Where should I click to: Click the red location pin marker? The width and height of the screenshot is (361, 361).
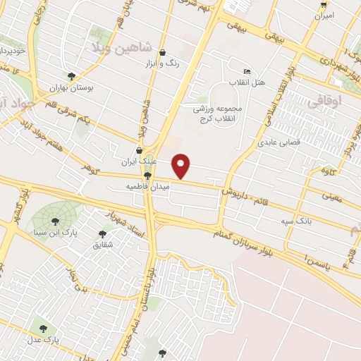pyautogui.click(x=181, y=166)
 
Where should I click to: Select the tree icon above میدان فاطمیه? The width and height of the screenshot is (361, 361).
pyautogui.click(x=147, y=176)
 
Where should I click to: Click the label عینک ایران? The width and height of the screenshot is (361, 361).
pyautogui.click(x=137, y=162)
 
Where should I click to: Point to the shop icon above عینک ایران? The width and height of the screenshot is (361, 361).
pyautogui.click(x=139, y=150)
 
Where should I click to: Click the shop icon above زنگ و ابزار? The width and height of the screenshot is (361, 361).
pyautogui.click(x=163, y=52)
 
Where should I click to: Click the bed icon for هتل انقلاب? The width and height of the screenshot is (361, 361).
pyautogui.click(x=246, y=71)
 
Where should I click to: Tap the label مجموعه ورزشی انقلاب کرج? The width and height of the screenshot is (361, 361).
pyautogui.click(x=221, y=114)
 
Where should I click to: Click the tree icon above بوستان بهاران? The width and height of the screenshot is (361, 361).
pyautogui.click(x=71, y=76)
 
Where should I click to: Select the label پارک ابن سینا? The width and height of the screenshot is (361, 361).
pyautogui.click(x=56, y=232)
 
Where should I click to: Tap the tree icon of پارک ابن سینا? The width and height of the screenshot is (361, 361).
pyautogui.click(x=55, y=221)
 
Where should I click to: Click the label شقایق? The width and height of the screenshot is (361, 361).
pyautogui.click(x=103, y=245)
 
